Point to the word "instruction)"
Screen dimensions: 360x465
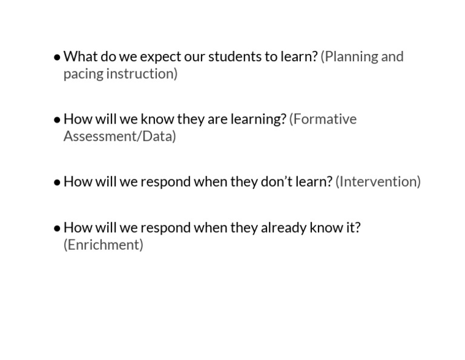click(x=142, y=74)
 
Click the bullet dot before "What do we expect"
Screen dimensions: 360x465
click(x=57, y=57)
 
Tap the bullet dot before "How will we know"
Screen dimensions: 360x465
click(x=57, y=119)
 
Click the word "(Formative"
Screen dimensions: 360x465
click(x=323, y=119)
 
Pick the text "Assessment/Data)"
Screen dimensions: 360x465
click(x=120, y=136)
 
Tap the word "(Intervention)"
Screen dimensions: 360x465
click(x=378, y=181)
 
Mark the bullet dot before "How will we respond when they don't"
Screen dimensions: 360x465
click(x=57, y=182)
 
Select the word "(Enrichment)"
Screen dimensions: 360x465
click(x=104, y=245)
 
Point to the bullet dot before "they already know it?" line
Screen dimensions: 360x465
click(x=57, y=228)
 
